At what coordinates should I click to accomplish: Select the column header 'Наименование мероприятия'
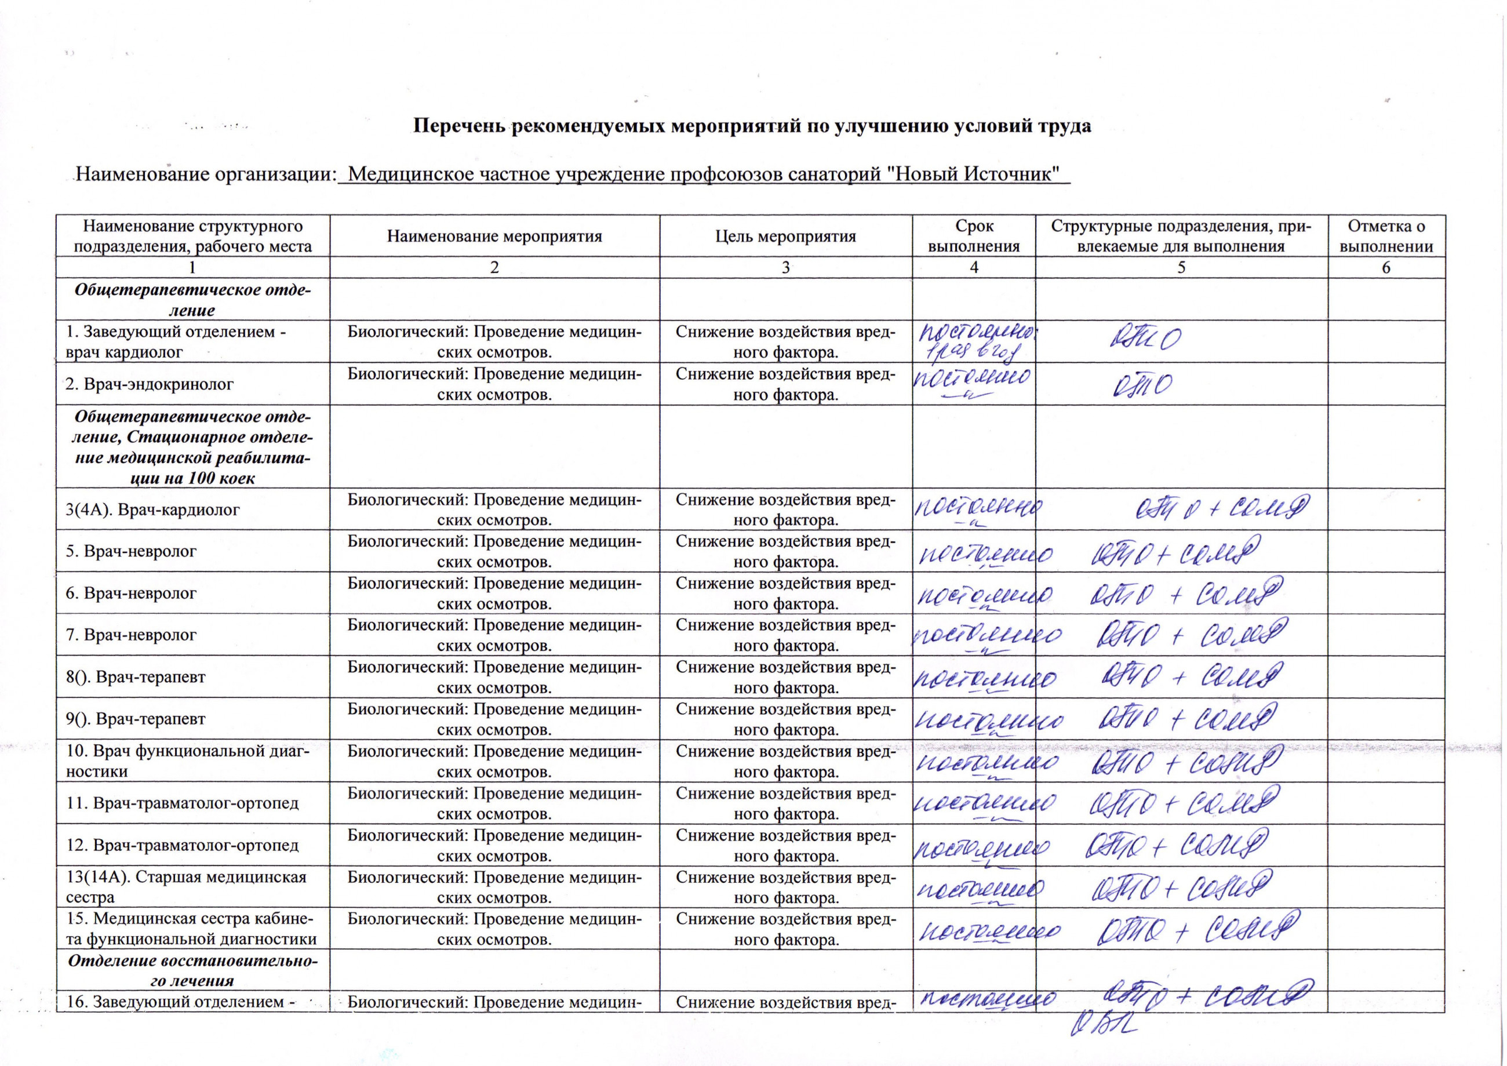tap(494, 237)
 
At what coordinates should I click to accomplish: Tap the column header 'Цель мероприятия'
tap(785, 237)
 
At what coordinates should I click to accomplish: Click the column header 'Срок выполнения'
tap(974, 237)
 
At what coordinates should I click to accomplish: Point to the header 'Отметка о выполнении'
tap(1386, 237)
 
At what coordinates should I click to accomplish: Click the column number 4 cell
tap(974, 267)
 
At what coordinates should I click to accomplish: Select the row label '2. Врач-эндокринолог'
tap(150, 384)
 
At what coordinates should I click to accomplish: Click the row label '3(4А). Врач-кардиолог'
tap(153, 510)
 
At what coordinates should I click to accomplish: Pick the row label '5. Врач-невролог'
tap(131, 551)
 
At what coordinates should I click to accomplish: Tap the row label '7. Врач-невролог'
tap(131, 635)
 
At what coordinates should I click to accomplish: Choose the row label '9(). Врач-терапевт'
tap(136, 719)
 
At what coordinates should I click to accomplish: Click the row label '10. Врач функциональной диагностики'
tap(187, 761)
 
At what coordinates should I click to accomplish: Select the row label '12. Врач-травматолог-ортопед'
tap(183, 845)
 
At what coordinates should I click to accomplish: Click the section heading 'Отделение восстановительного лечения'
tap(193, 971)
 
